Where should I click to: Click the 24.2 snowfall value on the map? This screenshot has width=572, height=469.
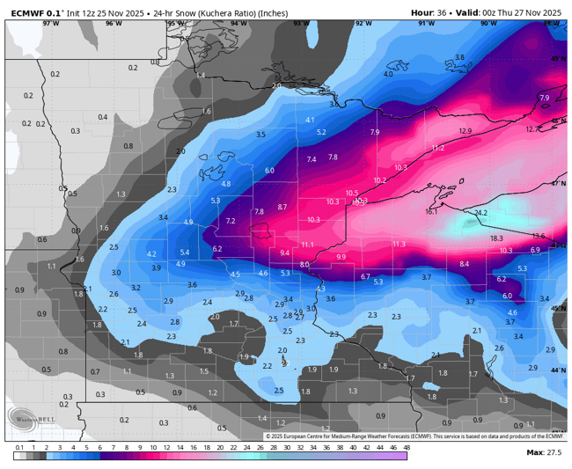(480, 213)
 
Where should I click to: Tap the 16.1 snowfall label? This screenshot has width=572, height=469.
(431, 211)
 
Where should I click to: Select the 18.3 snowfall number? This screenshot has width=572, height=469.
(496, 238)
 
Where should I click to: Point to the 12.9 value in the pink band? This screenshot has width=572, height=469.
(466, 131)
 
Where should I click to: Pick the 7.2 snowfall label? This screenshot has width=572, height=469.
(231, 220)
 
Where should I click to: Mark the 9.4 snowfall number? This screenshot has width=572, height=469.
(284, 253)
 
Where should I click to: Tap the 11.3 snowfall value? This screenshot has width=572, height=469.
(399, 244)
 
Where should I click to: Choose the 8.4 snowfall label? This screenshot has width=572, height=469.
(465, 264)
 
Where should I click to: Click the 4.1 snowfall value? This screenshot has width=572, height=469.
(310, 120)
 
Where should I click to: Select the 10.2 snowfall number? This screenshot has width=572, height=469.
(380, 180)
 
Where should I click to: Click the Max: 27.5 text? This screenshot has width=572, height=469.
(543, 451)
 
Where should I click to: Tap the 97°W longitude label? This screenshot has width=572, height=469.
(52, 24)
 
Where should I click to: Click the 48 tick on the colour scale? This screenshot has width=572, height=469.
(406, 448)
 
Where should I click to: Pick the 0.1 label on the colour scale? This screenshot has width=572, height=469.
(18, 448)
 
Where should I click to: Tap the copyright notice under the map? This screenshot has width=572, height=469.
(414, 436)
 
